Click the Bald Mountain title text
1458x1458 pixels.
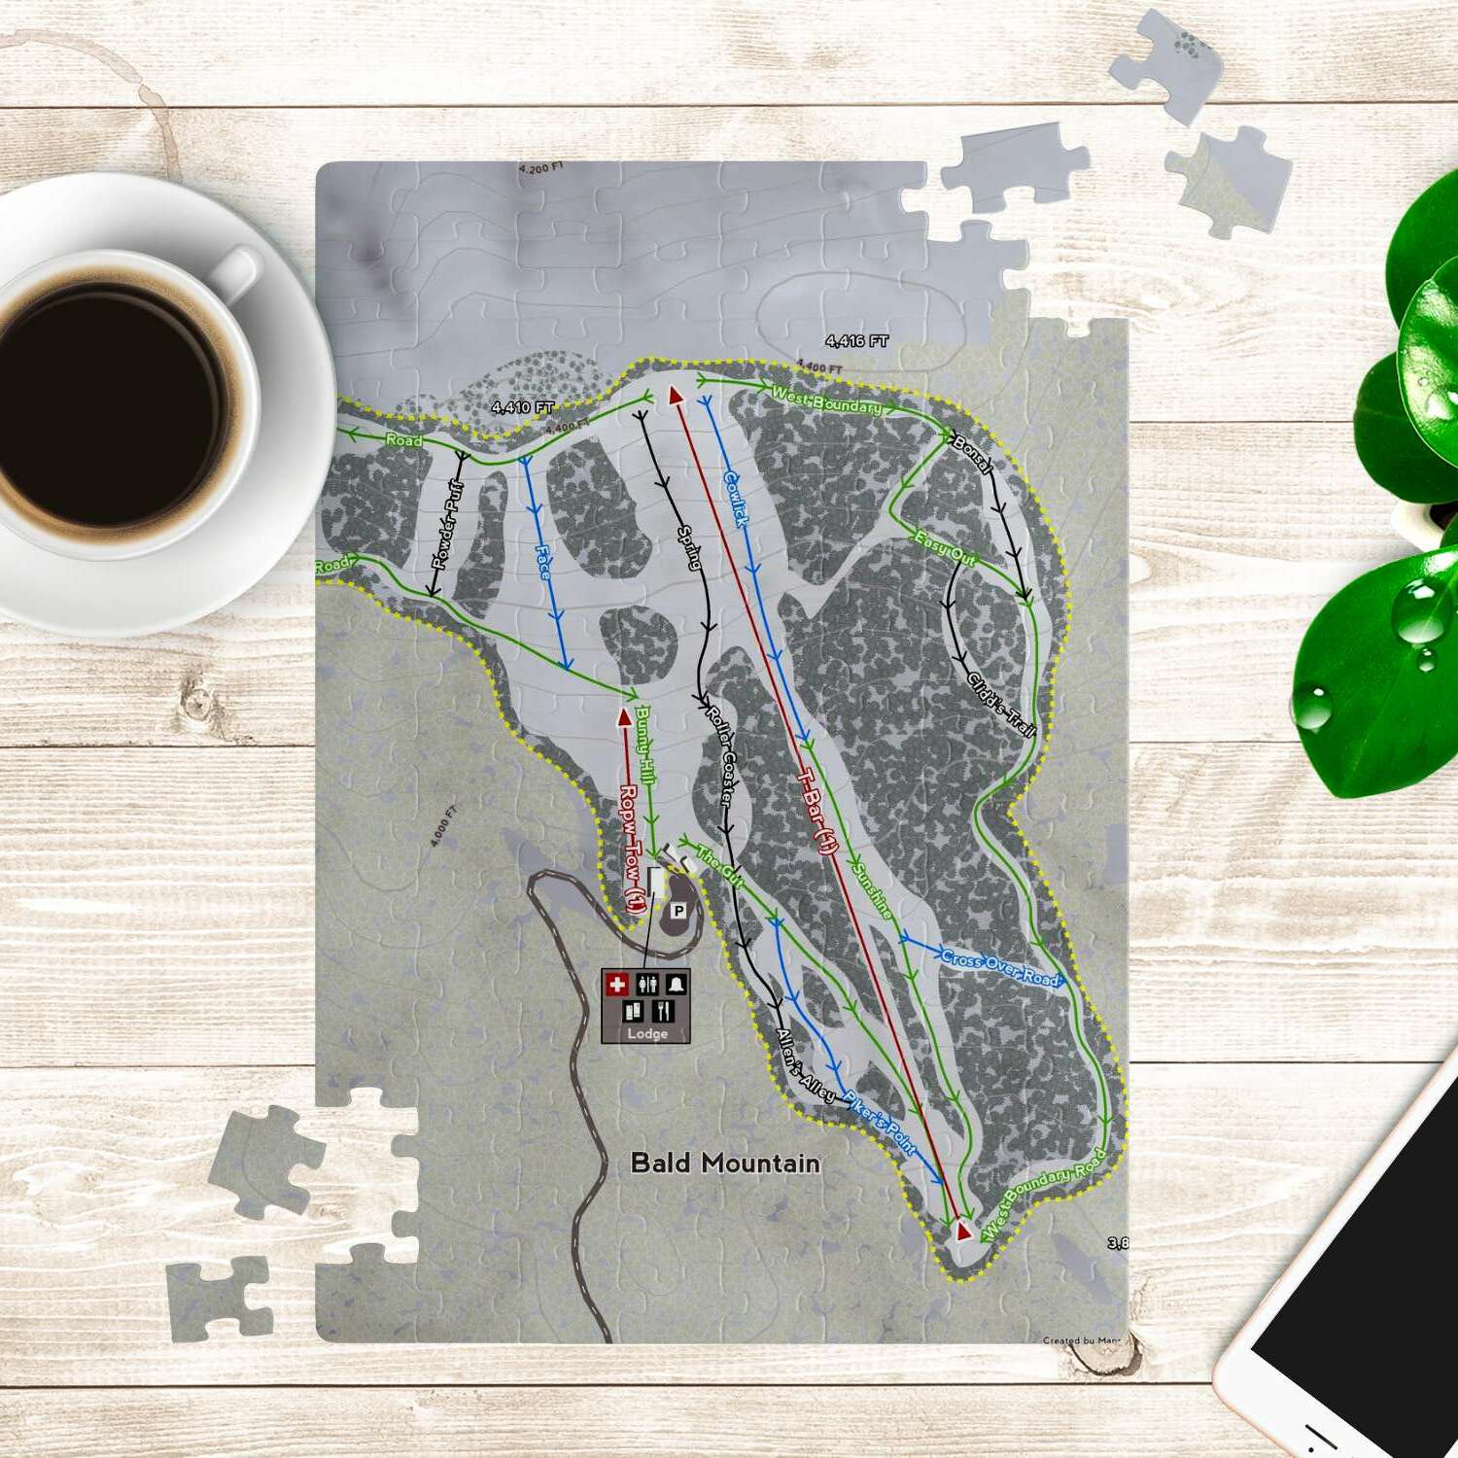[725, 1163]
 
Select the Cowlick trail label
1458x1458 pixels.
[736, 499]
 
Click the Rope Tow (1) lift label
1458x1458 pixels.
[632, 847]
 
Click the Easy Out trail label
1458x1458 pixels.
[945, 549]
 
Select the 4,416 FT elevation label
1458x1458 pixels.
[856, 341]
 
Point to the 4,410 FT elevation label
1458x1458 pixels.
[522, 407]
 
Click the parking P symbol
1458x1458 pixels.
[678, 911]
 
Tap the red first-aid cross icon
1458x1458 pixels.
[616, 985]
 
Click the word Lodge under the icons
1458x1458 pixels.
[646, 1033]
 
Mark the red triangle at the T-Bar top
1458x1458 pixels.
[675, 394]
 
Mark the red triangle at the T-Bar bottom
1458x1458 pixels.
[963, 1231]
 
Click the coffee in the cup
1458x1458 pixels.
[107, 399]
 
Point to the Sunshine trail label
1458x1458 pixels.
[871, 889]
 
